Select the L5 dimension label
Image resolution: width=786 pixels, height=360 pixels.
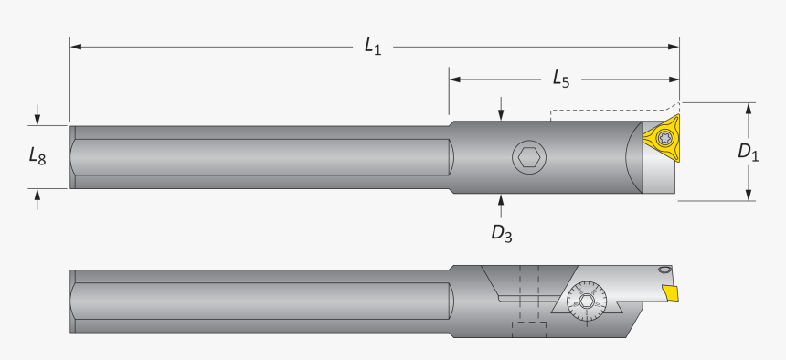[x=560, y=79]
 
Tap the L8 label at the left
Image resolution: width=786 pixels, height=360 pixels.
[x=36, y=157]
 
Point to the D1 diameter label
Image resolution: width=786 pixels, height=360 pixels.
[x=749, y=152]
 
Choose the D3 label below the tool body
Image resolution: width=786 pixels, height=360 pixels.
[x=501, y=234]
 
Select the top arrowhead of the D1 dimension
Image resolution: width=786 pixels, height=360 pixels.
[x=749, y=108]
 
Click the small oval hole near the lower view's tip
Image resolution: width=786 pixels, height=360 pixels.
[x=664, y=271]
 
